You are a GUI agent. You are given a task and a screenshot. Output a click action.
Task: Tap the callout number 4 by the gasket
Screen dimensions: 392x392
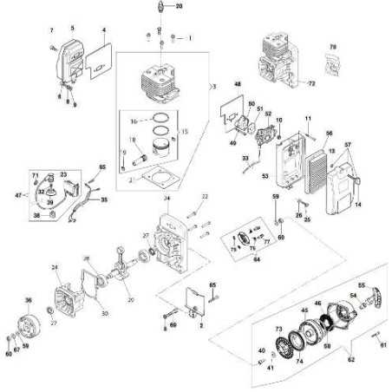[104, 29]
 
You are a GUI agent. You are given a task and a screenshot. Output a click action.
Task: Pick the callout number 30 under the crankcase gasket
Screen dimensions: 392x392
[104, 313]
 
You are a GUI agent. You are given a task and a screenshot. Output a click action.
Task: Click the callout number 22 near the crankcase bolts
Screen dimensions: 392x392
[206, 197]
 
